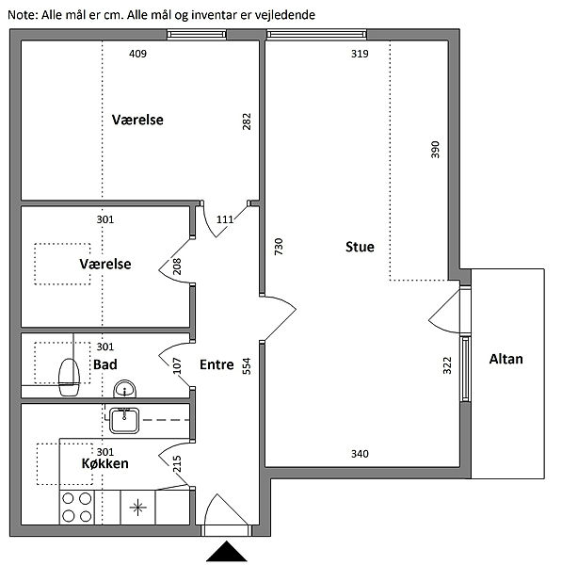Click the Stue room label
[x=360, y=247]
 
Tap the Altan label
[x=506, y=359]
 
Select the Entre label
[x=217, y=364]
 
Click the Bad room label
[x=105, y=364]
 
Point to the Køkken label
[x=104, y=463]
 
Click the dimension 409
[x=137, y=54]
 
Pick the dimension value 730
[x=279, y=247]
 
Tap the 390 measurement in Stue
[x=435, y=150]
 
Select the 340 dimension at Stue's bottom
[x=360, y=454]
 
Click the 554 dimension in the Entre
[x=247, y=366]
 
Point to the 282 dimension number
[x=247, y=121]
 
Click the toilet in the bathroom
[x=69, y=377]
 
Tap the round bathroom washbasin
[x=124, y=389]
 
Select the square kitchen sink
[x=124, y=420]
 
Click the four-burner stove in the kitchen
[x=77, y=508]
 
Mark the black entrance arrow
[x=227, y=551]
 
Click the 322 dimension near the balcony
[x=447, y=365]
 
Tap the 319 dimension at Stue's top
[x=360, y=54]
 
